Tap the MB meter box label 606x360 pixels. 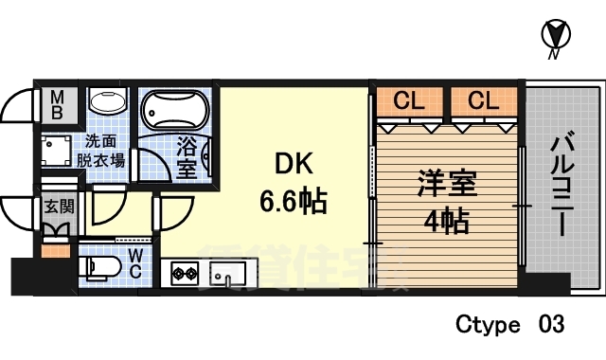(57, 104)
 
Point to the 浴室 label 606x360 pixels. (187, 158)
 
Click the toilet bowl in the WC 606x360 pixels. (98, 268)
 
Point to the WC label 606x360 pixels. (135, 263)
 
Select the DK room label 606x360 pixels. (294, 164)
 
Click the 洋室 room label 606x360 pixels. (444, 182)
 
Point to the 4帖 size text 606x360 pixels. (444, 223)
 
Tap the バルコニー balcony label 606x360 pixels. (561, 186)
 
